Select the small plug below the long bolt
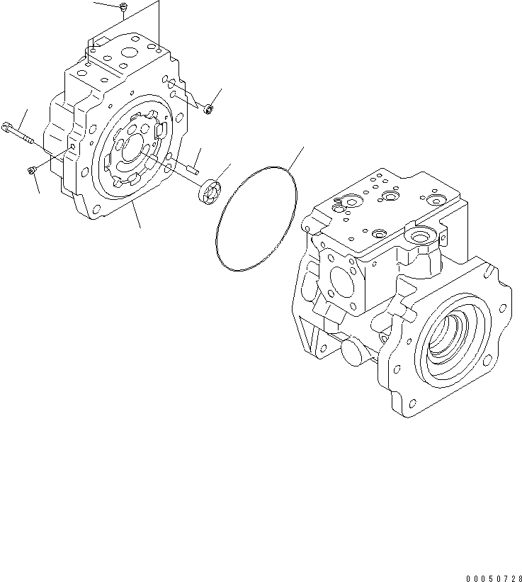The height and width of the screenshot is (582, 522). coord(32,170)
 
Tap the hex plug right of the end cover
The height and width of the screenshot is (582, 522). coord(208,109)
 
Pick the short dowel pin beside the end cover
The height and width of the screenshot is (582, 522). coord(191,169)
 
